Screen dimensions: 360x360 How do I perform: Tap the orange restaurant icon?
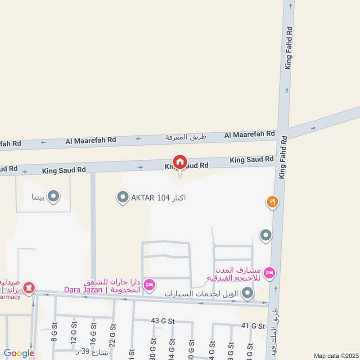[272, 202]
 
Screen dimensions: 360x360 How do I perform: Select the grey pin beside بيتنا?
[54, 196]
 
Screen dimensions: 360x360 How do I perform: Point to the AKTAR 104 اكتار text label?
[158, 198]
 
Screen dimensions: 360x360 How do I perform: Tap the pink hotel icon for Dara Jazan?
[150, 284]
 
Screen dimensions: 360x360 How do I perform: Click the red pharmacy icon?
[29, 287]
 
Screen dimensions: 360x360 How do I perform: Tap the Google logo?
[19, 354]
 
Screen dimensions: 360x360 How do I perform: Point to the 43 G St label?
[162, 320]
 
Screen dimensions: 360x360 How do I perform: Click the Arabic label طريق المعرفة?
[185, 137]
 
